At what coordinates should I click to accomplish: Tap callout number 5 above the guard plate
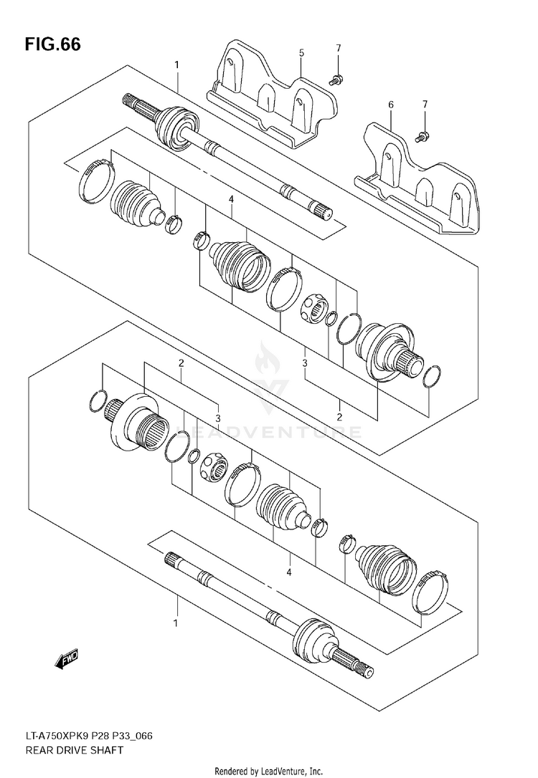pyautogui.click(x=301, y=53)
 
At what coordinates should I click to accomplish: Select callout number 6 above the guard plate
pyautogui.click(x=391, y=105)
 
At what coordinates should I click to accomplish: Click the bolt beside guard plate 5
pyautogui.click(x=335, y=80)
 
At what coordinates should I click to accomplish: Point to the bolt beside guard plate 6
pyautogui.click(x=423, y=134)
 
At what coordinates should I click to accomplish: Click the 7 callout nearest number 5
pyautogui.click(x=337, y=48)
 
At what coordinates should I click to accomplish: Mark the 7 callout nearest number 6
pyautogui.click(x=425, y=105)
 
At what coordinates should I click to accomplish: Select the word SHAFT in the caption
pyautogui.click(x=107, y=750)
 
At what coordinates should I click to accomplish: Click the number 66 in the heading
pyautogui.click(x=70, y=44)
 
